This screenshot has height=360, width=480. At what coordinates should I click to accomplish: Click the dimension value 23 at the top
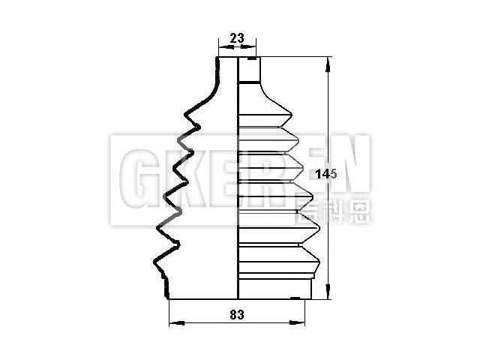click(237, 37)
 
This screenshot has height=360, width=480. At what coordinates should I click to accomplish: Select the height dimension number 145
click(325, 173)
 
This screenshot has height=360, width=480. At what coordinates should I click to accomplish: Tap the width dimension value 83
click(237, 315)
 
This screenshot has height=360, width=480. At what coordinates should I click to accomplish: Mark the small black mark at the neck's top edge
click(251, 58)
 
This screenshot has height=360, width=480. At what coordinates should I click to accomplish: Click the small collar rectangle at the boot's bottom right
click(307, 288)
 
